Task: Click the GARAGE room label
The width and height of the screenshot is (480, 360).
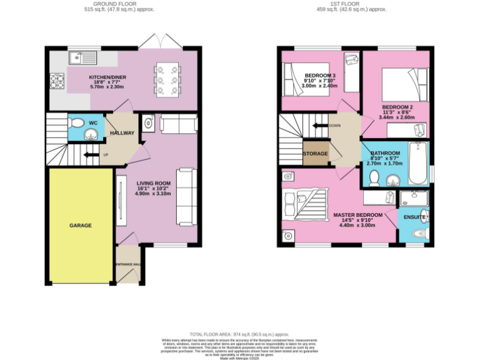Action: coord(80,225)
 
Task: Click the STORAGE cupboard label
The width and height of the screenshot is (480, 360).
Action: coord(315,153)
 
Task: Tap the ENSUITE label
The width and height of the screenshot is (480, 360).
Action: coord(414,217)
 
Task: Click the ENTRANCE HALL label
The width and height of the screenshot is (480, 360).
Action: coord(128,264)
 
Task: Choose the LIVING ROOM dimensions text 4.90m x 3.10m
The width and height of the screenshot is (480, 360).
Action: coord(152,194)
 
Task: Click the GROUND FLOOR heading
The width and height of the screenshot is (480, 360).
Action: coord(119,4)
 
